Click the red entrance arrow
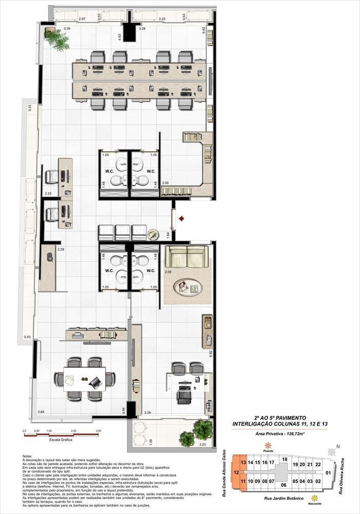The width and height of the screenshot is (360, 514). point(181,218)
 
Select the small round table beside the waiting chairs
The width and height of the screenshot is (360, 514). point(153,234)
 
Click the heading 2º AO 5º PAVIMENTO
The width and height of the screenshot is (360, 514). point(280,418)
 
